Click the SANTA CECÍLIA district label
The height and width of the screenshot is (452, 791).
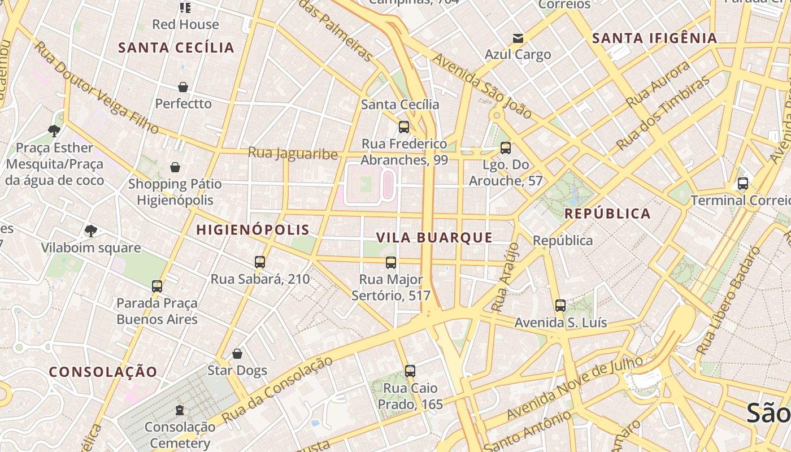click(x=176, y=47)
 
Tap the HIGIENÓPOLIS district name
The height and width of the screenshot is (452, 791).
click(x=253, y=229)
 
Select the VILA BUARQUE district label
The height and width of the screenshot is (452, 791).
click(x=434, y=237)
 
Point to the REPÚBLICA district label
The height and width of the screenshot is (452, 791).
click(x=607, y=214)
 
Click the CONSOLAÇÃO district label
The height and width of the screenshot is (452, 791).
click(x=103, y=372)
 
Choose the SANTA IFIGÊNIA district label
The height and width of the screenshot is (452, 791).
click(x=654, y=38)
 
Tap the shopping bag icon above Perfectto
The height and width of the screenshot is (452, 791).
click(x=183, y=87)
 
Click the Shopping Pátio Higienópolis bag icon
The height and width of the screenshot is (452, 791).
click(x=175, y=167)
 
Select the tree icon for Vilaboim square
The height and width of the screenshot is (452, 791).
click(x=90, y=231)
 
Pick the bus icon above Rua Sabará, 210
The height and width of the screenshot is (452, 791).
click(x=260, y=262)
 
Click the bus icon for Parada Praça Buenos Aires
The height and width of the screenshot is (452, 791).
click(x=157, y=286)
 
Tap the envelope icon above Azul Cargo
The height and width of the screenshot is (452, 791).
click(x=518, y=38)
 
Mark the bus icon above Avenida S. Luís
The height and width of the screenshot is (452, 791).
click(x=560, y=306)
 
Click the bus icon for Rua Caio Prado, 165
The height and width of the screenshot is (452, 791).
click(x=410, y=371)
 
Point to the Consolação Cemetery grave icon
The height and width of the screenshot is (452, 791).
click(x=180, y=410)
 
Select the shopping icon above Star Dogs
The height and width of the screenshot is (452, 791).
click(x=237, y=354)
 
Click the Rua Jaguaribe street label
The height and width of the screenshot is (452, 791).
click(x=293, y=154)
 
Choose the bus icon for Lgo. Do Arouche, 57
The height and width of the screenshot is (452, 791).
click(x=506, y=148)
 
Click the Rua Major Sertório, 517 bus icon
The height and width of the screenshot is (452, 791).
click(x=391, y=262)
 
